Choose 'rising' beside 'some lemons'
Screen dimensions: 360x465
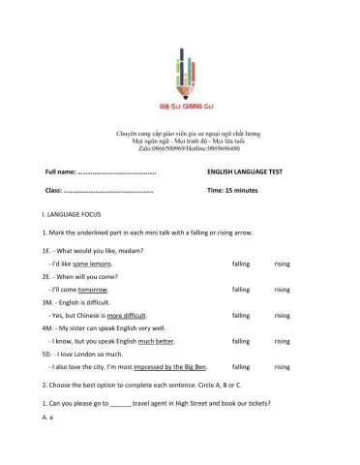[x=282, y=263]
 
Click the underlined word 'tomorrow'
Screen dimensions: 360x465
[x=93, y=290]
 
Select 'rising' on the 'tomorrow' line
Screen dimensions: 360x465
[x=282, y=290]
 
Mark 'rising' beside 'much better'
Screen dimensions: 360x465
[x=282, y=341]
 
